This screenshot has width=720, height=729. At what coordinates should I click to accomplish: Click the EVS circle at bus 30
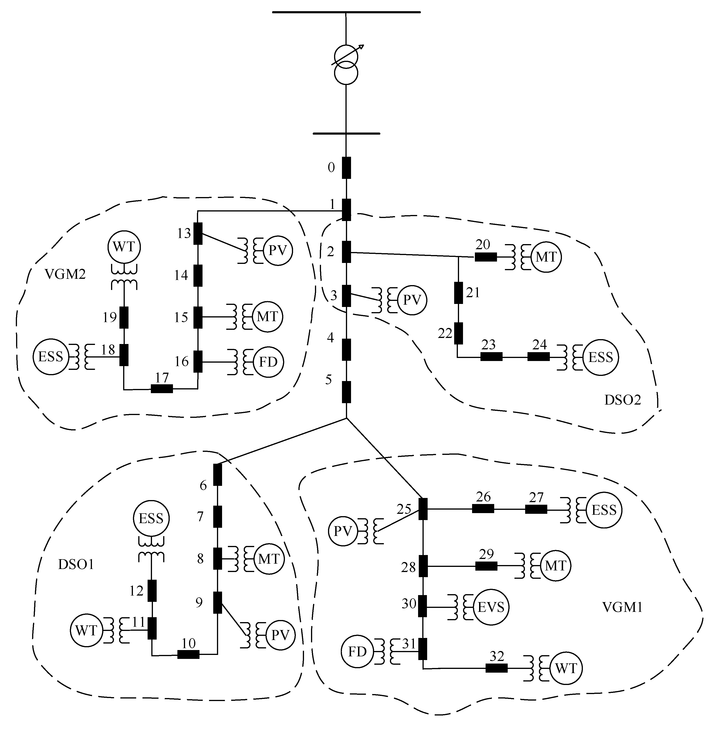[490, 607]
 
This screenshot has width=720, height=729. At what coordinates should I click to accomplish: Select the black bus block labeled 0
[346, 167]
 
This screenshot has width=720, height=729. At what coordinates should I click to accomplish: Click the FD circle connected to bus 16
[268, 362]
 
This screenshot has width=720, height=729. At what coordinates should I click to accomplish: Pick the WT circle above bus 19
[124, 247]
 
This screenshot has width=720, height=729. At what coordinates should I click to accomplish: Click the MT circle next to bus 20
[545, 257]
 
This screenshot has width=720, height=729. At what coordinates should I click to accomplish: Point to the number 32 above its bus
[496, 656]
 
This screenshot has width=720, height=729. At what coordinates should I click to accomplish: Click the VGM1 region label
[622, 607]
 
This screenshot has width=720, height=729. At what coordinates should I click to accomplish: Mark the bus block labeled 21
[458, 293]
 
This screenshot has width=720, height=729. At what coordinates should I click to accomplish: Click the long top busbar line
[346, 12]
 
